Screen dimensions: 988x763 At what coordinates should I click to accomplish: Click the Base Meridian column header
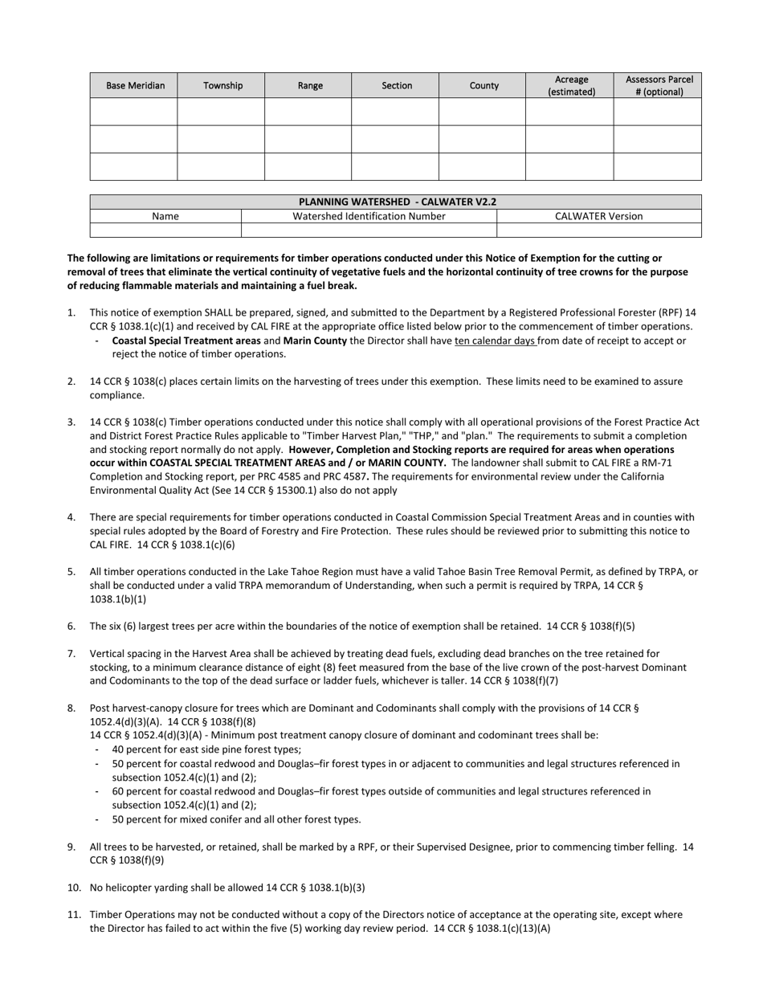(135, 85)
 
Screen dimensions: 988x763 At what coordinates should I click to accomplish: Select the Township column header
(222, 85)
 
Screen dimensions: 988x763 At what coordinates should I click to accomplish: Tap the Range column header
(310, 85)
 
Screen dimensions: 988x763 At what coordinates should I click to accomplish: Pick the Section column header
(397, 85)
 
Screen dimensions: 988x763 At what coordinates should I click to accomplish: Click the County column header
(484, 85)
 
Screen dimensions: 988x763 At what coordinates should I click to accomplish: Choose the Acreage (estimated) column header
(571, 85)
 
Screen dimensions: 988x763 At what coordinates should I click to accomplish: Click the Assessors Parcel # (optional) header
(659, 85)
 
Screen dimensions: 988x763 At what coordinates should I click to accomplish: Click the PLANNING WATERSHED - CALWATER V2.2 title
(397, 202)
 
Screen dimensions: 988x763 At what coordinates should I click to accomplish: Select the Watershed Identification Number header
(369, 216)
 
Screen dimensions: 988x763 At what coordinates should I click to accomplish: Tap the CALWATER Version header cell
(599, 216)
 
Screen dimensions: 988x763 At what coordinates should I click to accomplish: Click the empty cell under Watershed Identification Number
(369, 231)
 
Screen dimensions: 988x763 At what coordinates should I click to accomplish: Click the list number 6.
(71, 626)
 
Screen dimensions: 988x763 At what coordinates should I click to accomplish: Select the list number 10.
(74, 888)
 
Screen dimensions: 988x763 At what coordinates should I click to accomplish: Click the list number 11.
(74, 914)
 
